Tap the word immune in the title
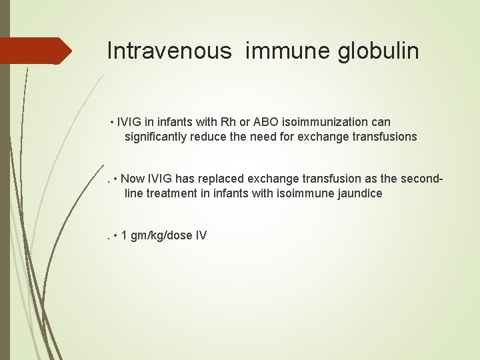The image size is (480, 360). pyautogui.click(x=288, y=51)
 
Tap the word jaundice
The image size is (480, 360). pyautogui.click(x=359, y=193)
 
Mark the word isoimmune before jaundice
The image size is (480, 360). pyautogui.click(x=302, y=193)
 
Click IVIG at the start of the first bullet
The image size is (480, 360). pyautogui.click(x=128, y=122)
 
